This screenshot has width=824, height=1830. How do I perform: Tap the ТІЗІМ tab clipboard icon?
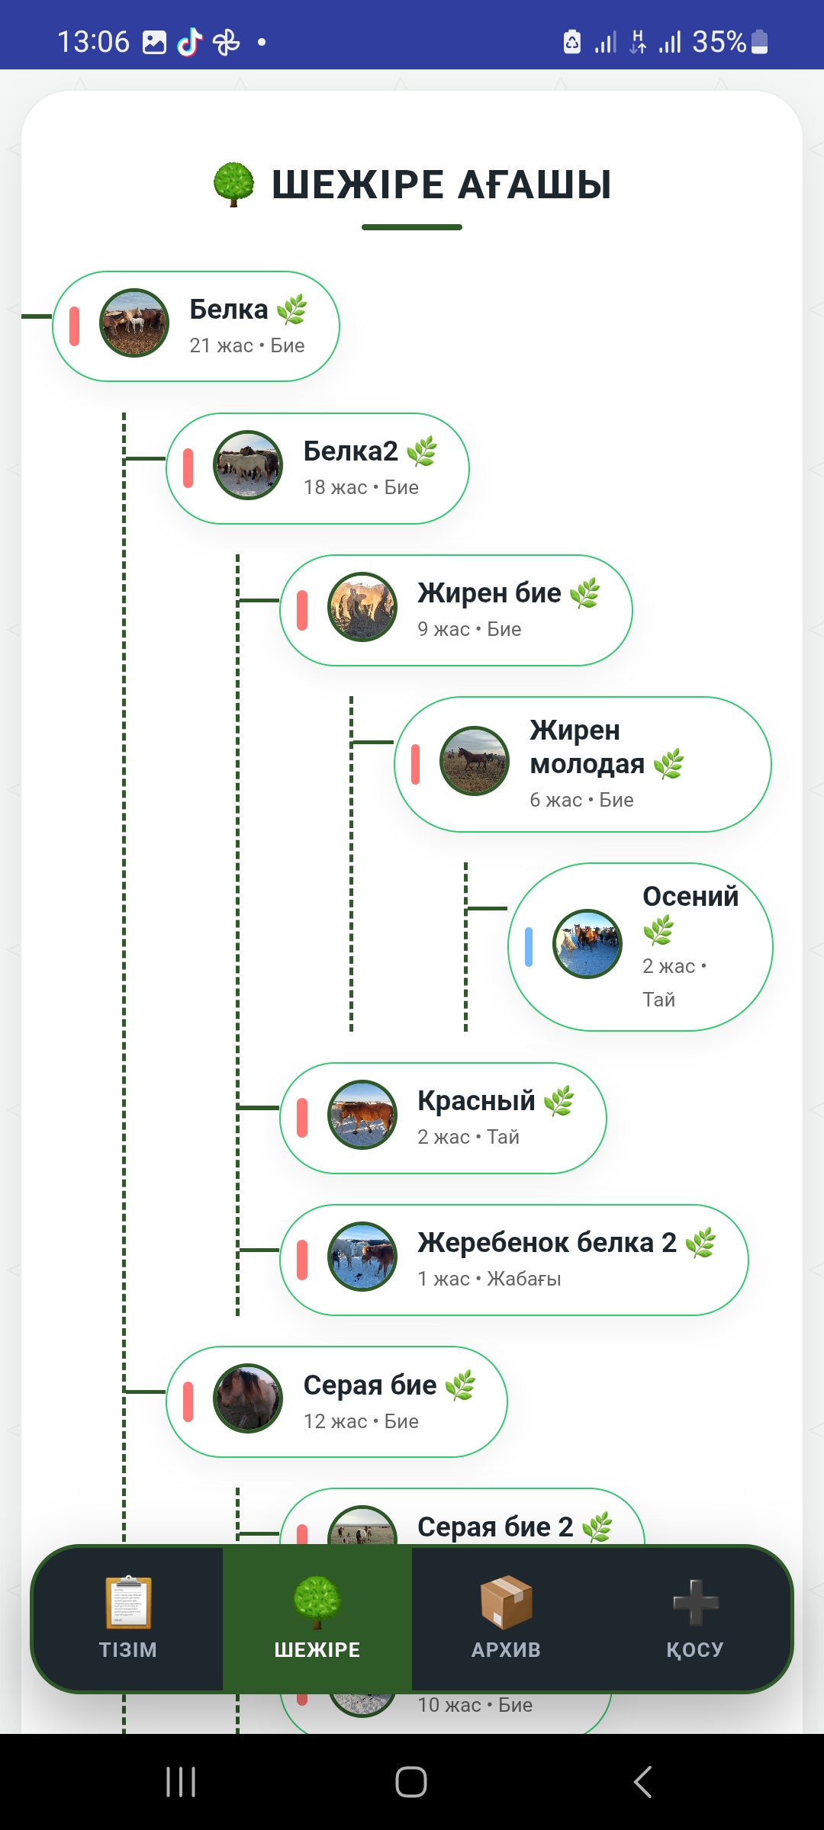tap(128, 1601)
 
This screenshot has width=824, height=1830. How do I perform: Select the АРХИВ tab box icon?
tap(506, 1601)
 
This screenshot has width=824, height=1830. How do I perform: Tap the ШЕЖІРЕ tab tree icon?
tap(317, 1601)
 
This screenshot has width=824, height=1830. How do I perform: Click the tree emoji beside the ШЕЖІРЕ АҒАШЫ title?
tap(233, 185)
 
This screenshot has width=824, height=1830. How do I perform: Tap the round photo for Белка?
tap(134, 323)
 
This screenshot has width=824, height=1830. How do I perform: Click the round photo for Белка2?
tap(248, 465)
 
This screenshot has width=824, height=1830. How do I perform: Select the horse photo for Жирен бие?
tap(362, 607)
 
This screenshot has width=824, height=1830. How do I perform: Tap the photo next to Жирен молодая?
tap(475, 761)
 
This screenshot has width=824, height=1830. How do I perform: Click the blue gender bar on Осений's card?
tap(529, 947)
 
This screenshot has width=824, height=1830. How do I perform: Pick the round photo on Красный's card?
tap(362, 1115)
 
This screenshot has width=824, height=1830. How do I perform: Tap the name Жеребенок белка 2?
tap(547, 1243)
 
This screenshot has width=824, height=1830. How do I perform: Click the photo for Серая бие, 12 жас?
tap(248, 1398)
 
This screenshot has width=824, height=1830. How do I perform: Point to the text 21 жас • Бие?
tap(247, 345)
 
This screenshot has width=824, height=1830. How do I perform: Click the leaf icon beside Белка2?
tap(422, 451)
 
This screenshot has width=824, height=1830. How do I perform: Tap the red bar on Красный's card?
tap(302, 1118)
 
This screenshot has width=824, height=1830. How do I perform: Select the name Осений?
tap(690, 897)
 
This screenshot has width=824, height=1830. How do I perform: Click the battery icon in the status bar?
tap(760, 42)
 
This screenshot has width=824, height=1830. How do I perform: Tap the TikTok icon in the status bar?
tap(190, 42)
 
